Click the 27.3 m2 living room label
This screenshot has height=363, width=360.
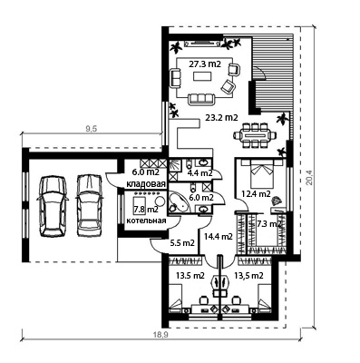(x=205, y=64)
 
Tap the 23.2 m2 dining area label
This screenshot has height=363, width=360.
(x=221, y=118)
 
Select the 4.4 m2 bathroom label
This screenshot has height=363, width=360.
(x=199, y=173)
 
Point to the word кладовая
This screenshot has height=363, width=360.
(x=146, y=184)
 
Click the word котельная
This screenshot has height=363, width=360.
(x=146, y=221)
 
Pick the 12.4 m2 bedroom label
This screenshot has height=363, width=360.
(x=257, y=193)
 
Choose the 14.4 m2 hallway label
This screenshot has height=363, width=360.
(x=219, y=237)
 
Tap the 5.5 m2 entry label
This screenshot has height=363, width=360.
(x=181, y=243)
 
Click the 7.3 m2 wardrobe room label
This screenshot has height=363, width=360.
(x=269, y=224)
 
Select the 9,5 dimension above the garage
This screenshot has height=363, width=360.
(x=91, y=129)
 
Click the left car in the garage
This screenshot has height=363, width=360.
(x=53, y=206)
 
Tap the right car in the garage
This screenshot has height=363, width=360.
(x=89, y=205)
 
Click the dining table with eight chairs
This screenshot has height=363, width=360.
(x=255, y=135)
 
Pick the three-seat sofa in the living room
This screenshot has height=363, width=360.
(x=201, y=99)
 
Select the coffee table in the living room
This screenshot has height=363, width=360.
(x=202, y=76)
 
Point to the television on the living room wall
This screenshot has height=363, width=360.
(x=202, y=44)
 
